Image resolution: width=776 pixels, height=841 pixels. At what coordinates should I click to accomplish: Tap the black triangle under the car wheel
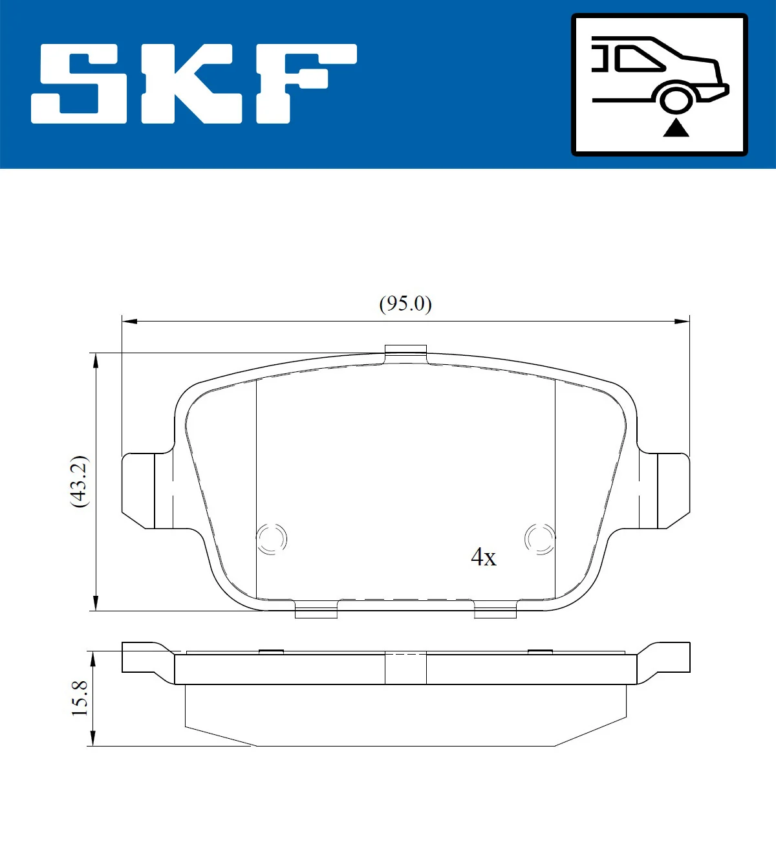click(676, 128)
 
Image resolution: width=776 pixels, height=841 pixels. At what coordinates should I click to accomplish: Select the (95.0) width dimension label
click(405, 303)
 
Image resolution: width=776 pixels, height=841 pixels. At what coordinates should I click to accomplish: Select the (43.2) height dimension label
click(79, 481)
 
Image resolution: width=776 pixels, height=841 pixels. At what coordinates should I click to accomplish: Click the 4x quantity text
click(483, 557)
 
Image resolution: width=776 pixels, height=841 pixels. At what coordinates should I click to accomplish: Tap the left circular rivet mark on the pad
click(272, 538)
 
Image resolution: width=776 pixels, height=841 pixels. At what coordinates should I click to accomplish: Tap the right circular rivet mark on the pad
click(539, 538)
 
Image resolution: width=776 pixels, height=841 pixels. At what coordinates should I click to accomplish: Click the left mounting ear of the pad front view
click(146, 490)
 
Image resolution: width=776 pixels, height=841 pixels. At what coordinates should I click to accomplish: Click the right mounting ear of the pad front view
click(666, 490)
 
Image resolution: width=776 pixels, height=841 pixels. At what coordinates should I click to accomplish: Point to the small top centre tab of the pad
click(405, 351)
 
